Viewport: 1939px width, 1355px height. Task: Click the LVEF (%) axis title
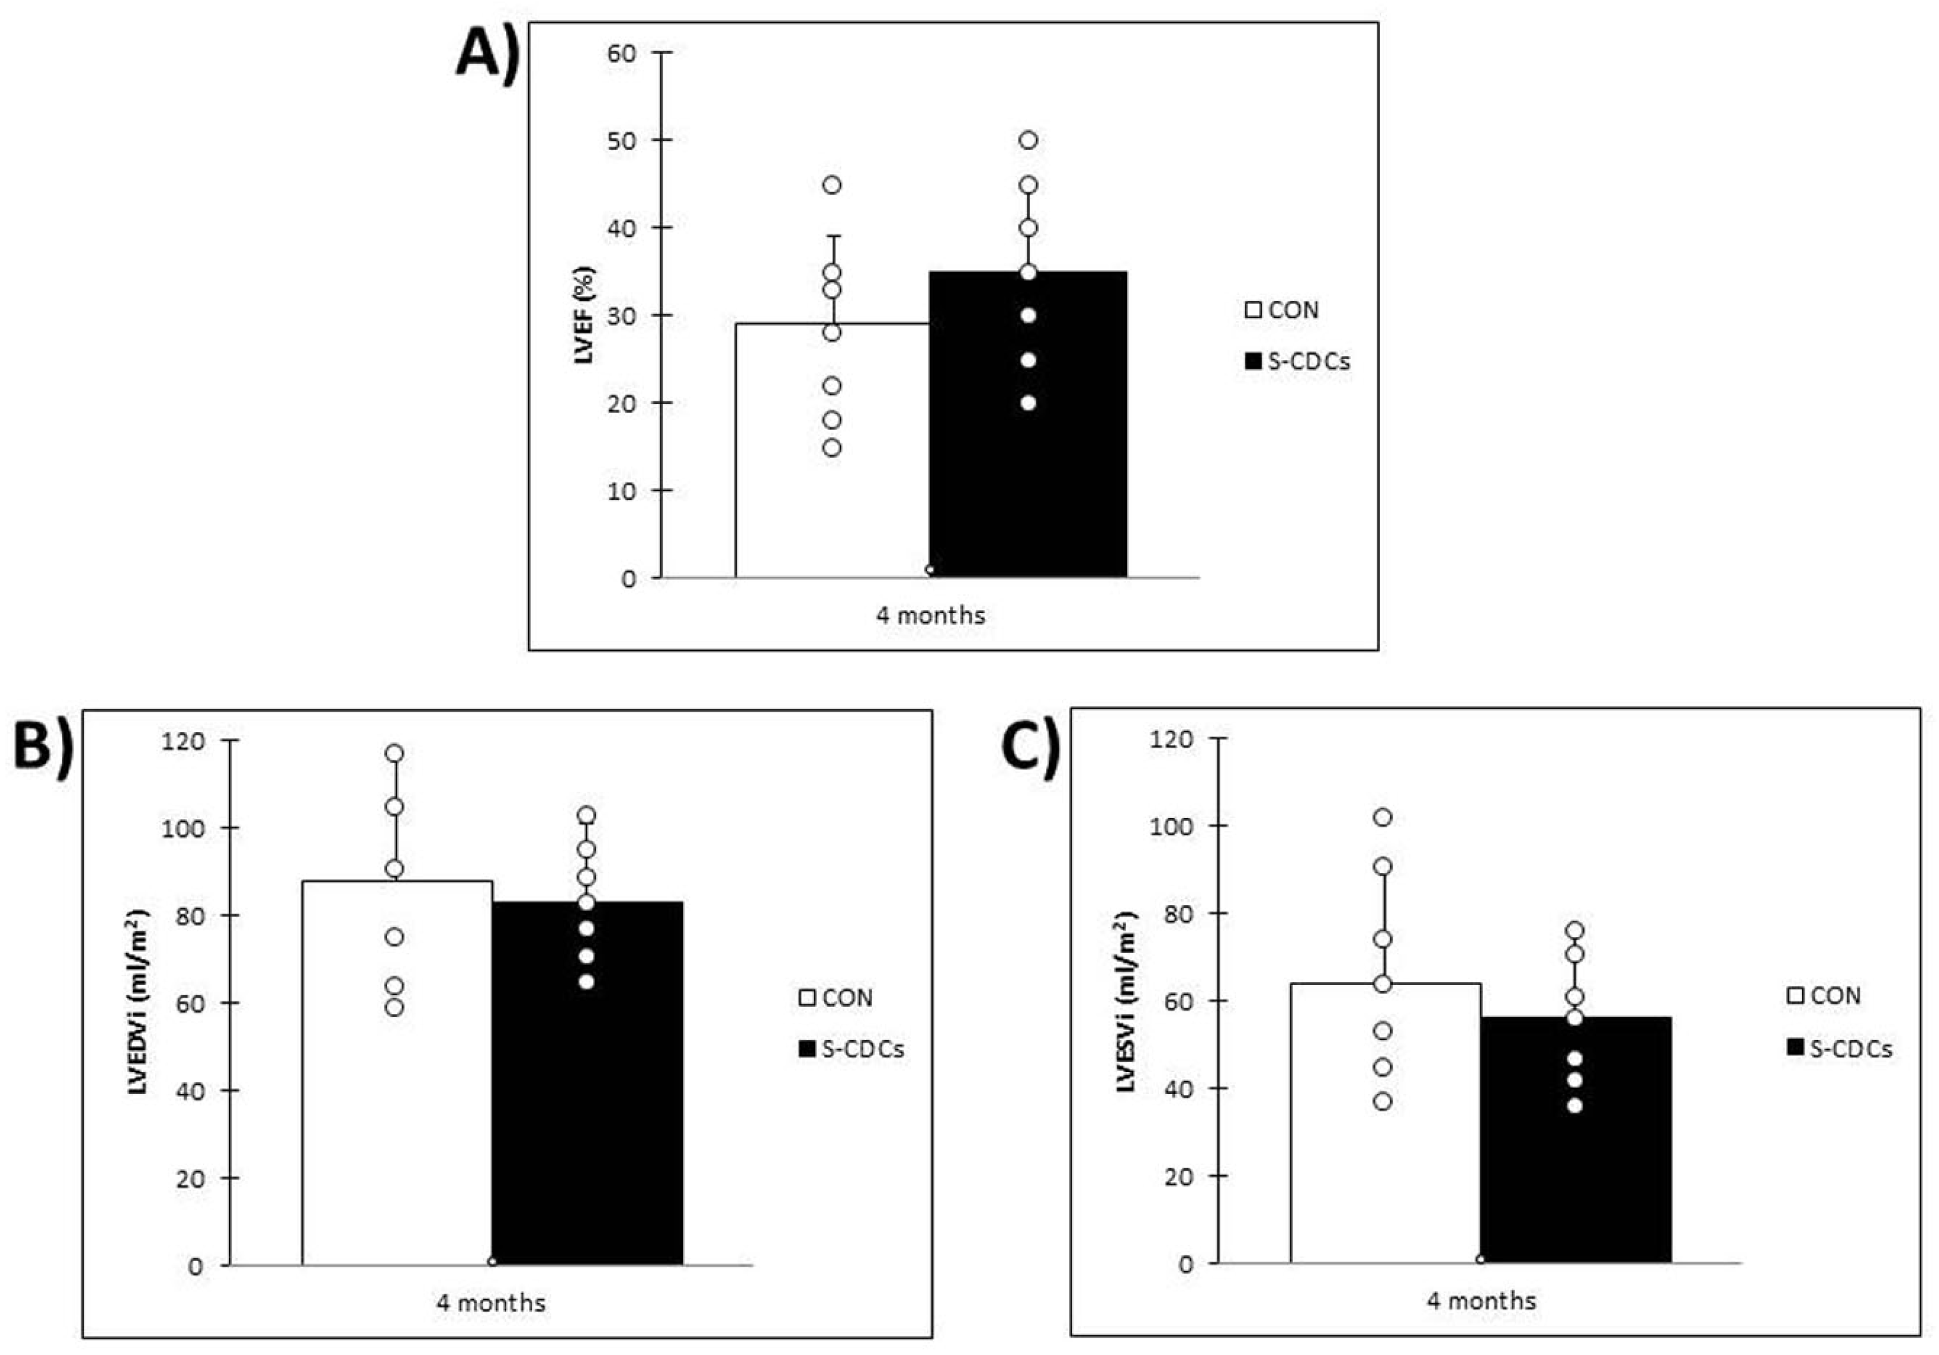[x=583, y=315]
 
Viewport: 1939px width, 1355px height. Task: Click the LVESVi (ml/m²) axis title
[x=1127, y=1002]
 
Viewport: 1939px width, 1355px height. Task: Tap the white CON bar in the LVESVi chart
[x=1385, y=1166]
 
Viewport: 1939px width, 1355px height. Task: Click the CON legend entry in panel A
[x=1282, y=310]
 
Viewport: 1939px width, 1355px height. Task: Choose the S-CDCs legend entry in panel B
[x=851, y=1049]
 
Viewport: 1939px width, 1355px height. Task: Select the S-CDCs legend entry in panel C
[x=1839, y=1048]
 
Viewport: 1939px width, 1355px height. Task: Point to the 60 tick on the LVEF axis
[x=622, y=53]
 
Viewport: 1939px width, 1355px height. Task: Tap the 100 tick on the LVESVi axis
[x=1172, y=826]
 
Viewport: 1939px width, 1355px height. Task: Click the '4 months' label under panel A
[x=930, y=615]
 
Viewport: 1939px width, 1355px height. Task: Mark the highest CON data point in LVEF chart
[x=832, y=185]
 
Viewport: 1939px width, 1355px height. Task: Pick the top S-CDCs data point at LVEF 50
[x=1028, y=140]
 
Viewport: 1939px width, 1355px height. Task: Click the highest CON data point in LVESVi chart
[x=1382, y=817]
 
